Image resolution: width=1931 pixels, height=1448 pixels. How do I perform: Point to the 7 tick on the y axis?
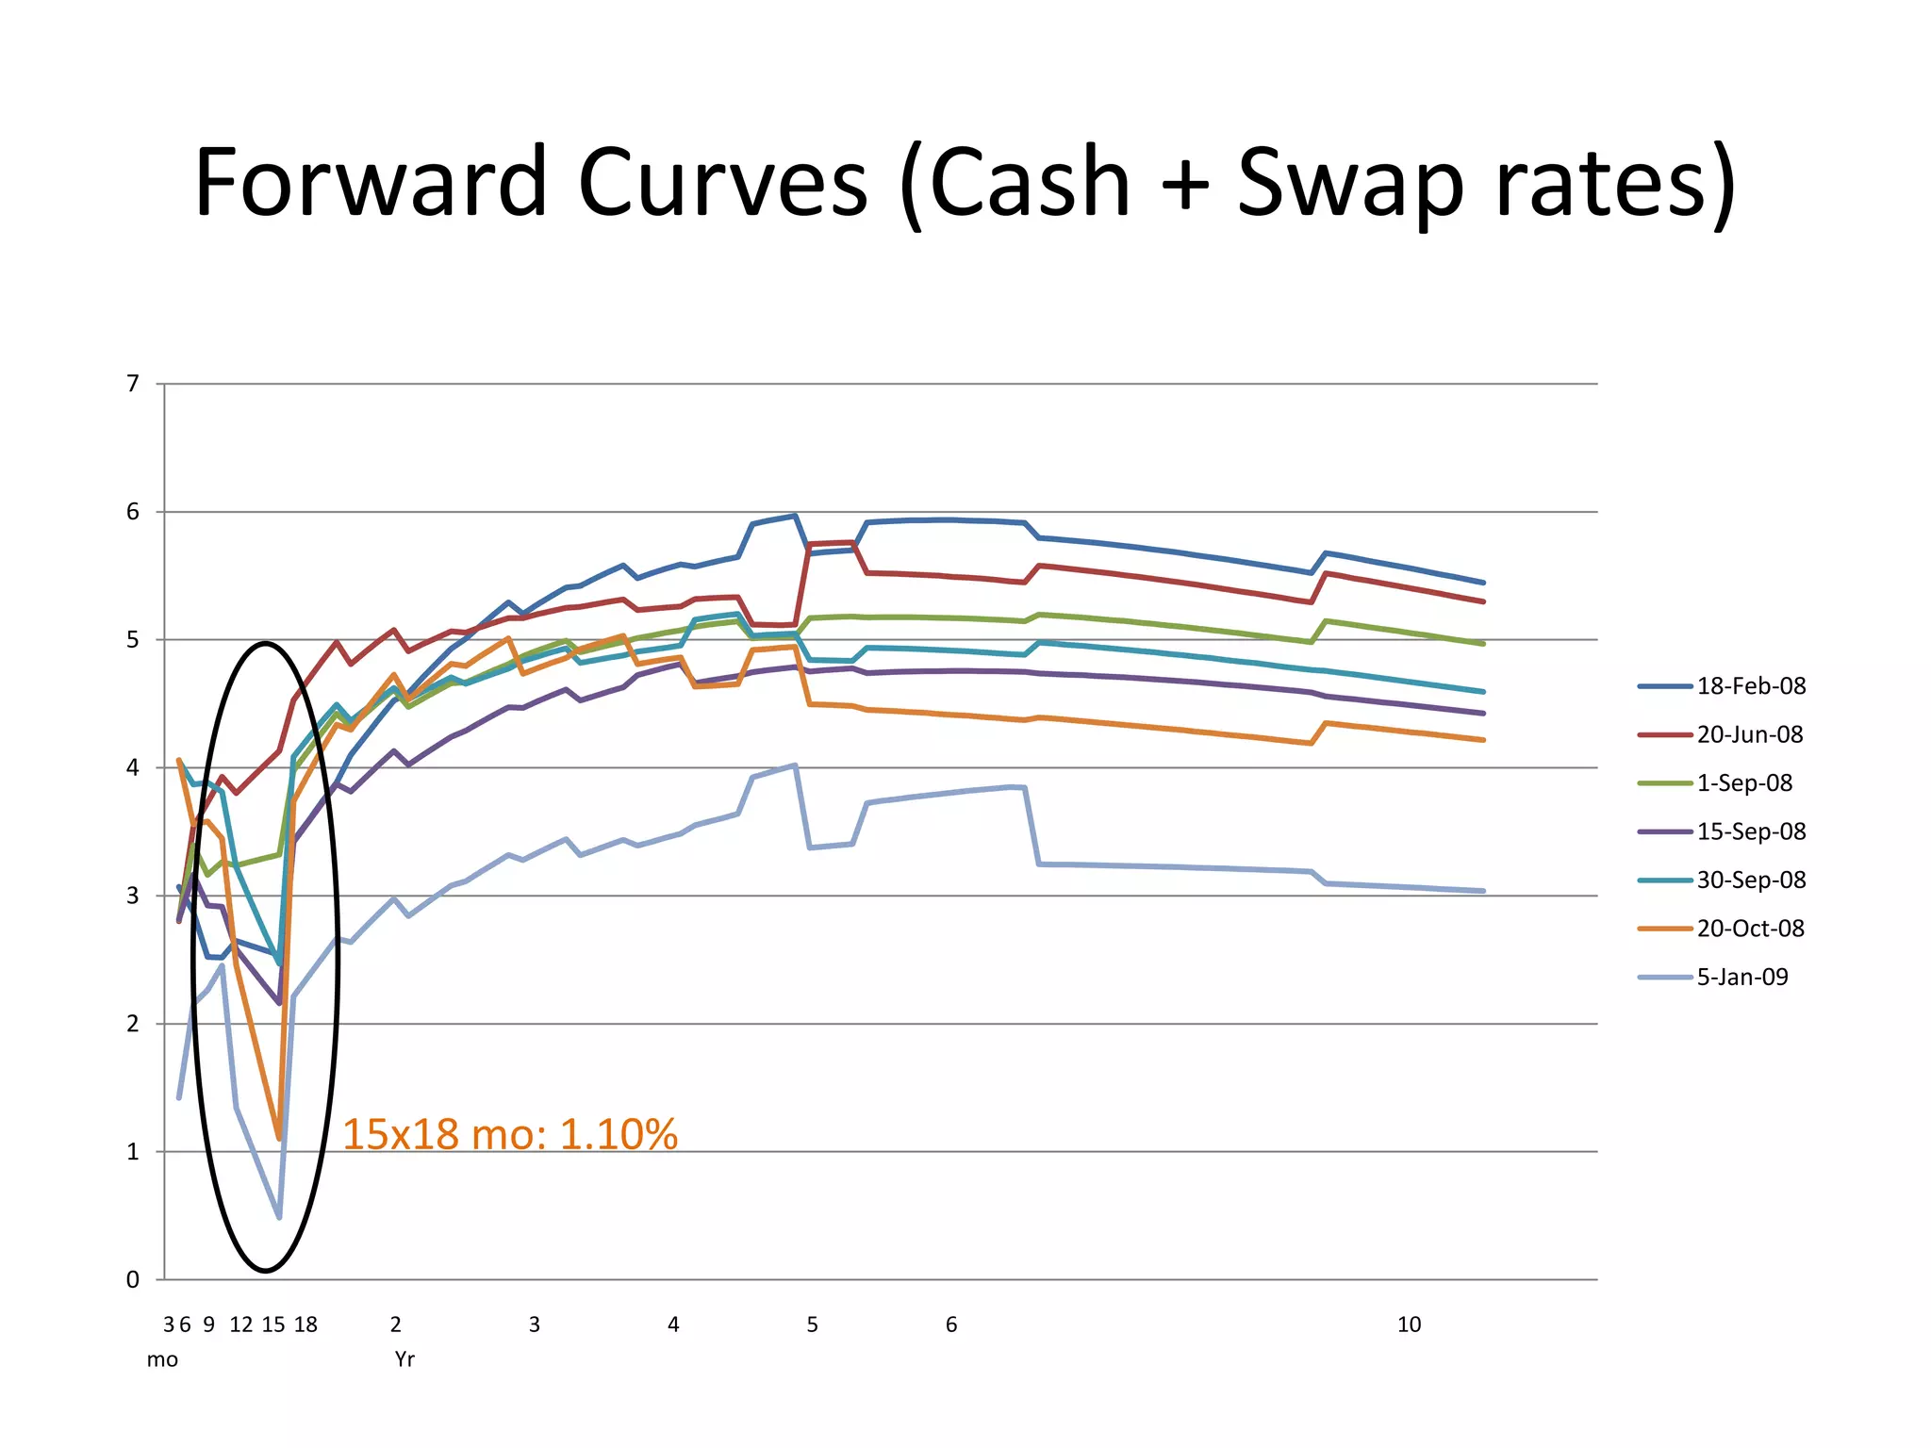coord(133,384)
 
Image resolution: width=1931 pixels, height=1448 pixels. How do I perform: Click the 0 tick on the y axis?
coord(133,1280)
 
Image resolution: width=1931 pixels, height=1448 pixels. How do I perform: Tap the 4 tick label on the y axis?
coord(133,768)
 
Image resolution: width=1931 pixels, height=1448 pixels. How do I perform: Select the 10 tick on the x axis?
coord(1409,1325)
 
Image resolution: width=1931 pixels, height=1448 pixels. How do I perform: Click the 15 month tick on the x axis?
coord(273,1325)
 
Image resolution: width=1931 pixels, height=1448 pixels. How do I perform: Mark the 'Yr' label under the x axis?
coord(404,1359)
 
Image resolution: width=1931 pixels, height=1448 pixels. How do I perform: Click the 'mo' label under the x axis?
coord(162,1359)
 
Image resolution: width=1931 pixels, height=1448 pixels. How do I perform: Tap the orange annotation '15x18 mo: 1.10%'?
coord(509,1134)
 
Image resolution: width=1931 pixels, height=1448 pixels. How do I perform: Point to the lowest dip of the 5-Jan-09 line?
coord(279,1217)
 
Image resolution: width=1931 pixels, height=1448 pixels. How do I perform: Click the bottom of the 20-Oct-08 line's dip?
coord(279,1139)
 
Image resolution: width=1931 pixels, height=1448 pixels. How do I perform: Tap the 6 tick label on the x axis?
coord(951,1325)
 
